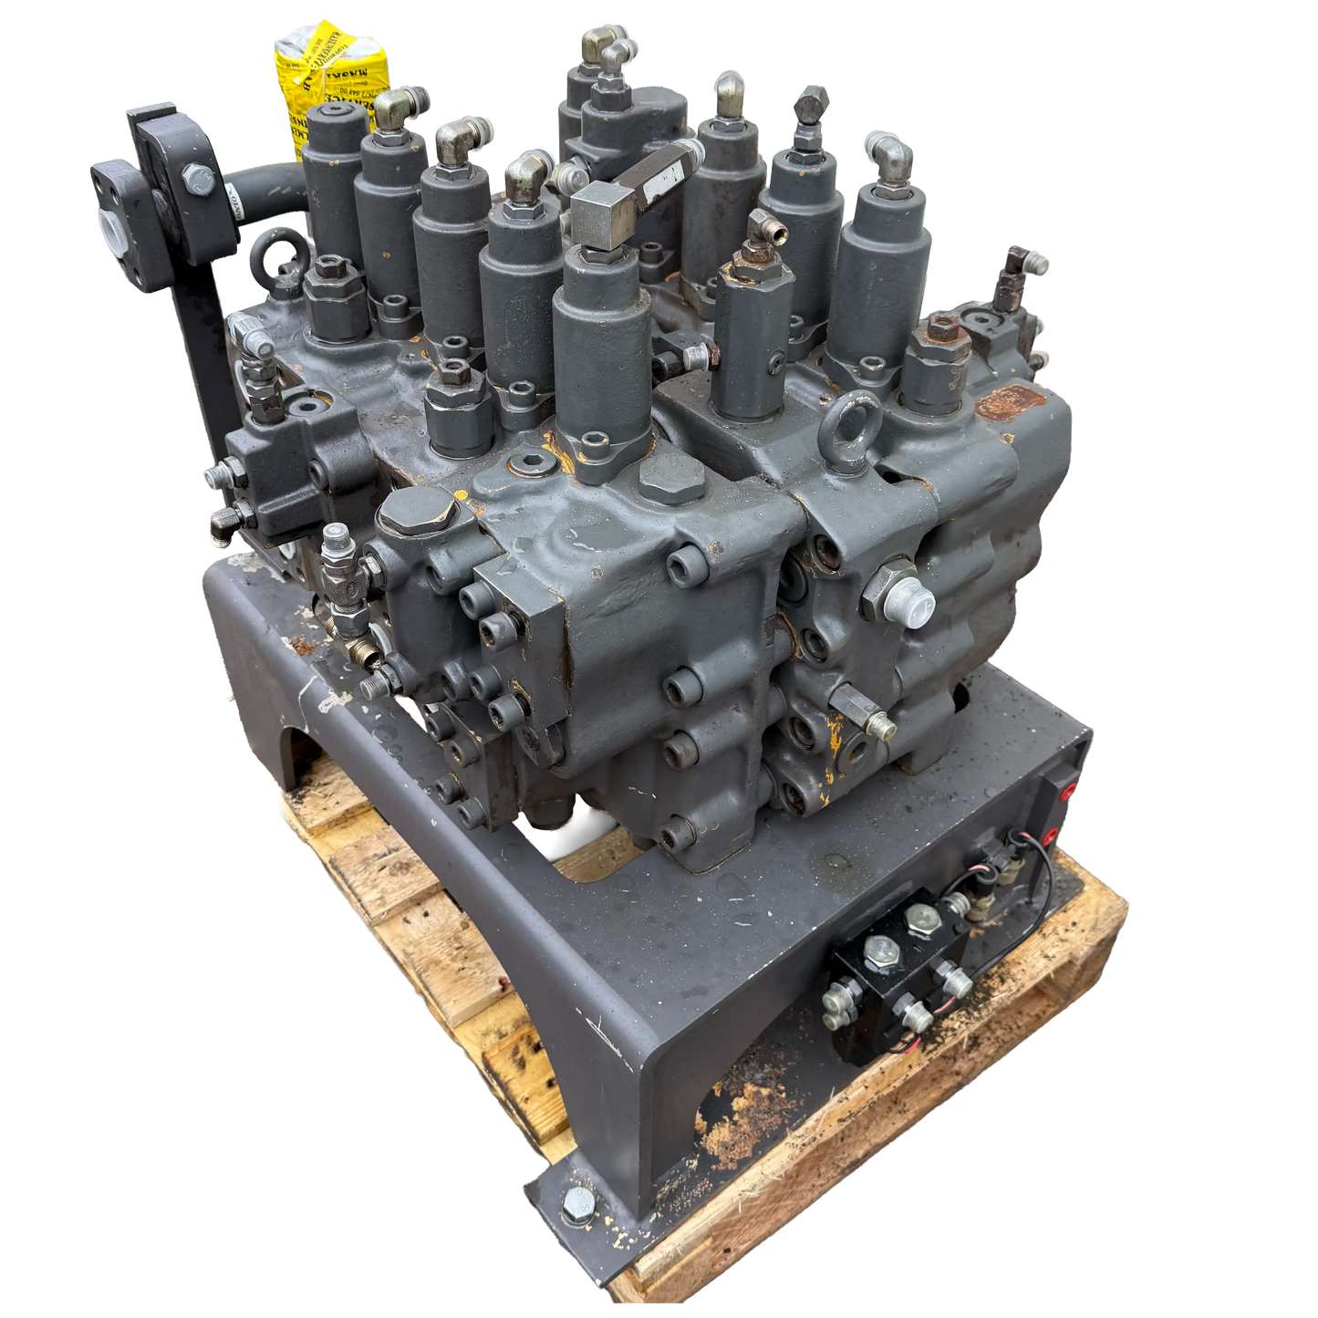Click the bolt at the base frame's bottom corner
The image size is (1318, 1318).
[x=576, y=1209]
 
